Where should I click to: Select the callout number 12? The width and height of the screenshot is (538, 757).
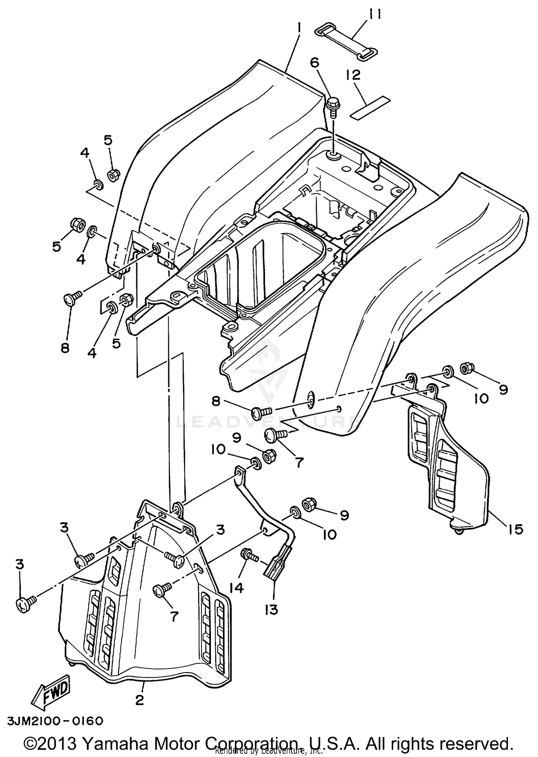(x=353, y=75)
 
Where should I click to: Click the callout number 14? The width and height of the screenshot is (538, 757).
(x=237, y=588)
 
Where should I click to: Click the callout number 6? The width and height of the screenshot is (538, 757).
(x=314, y=63)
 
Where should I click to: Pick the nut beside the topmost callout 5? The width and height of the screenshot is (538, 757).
(x=113, y=175)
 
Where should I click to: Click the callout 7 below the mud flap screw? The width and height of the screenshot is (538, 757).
(x=174, y=616)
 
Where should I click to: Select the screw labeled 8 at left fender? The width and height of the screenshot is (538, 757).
(x=72, y=298)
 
